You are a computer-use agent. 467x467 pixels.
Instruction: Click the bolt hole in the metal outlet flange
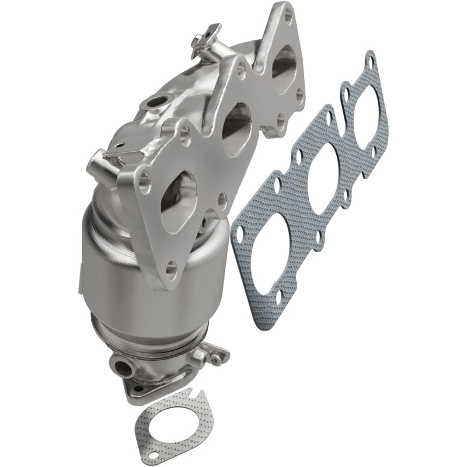tap(138, 386)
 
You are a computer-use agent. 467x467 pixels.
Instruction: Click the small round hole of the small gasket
tap(154, 454)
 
